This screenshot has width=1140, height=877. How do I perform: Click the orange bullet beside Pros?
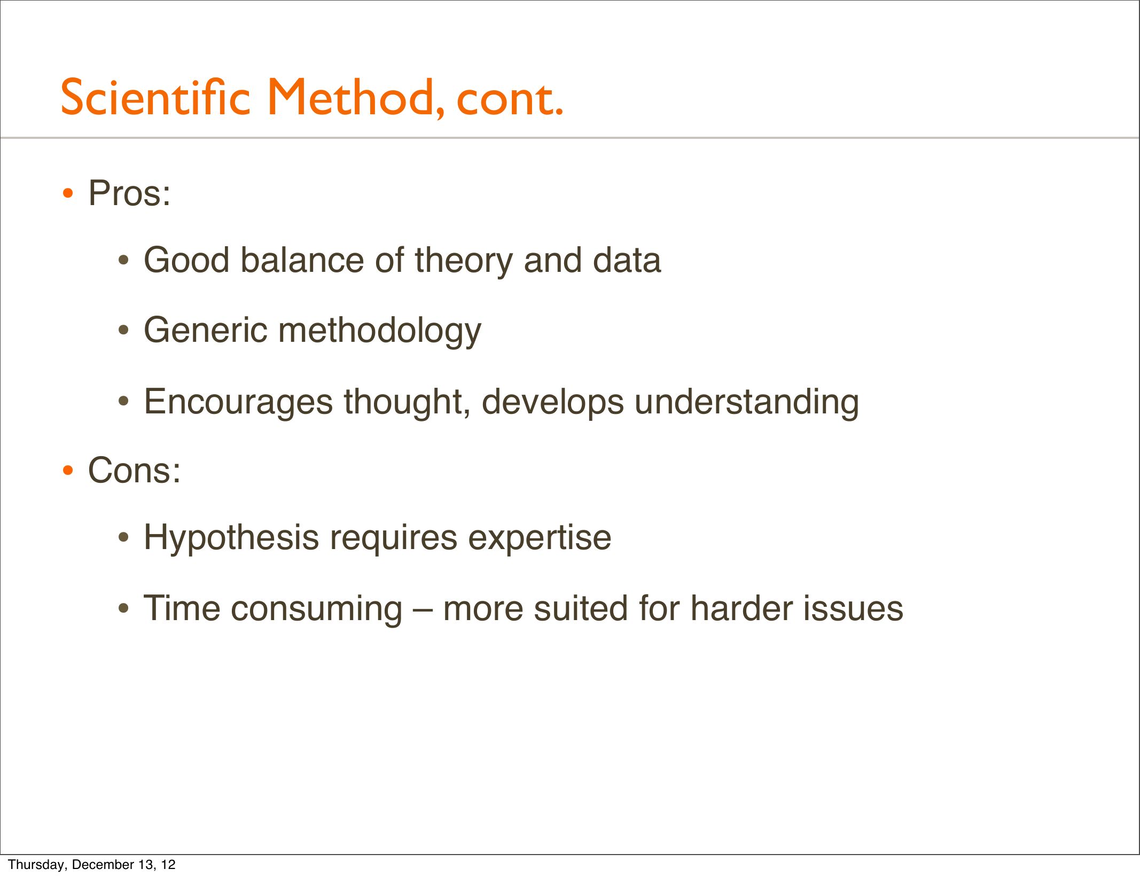(x=68, y=194)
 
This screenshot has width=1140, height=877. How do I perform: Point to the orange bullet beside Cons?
(x=68, y=471)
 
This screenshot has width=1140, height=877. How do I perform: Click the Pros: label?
(x=129, y=193)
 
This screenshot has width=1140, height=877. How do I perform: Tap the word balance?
(x=302, y=260)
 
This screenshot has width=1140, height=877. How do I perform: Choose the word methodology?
(x=380, y=331)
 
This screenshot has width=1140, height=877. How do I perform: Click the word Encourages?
(x=238, y=402)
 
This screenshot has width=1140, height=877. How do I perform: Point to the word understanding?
(x=747, y=402)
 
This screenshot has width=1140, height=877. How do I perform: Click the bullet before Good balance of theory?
(x=123, y=261)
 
